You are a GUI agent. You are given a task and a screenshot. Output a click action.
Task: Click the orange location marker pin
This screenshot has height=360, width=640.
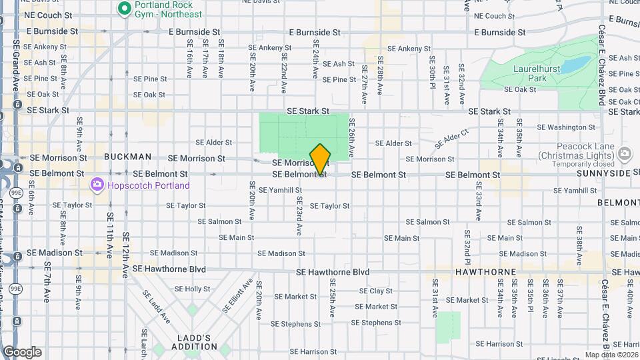coord(320,159)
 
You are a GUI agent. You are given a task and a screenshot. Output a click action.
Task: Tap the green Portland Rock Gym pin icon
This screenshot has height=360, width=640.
coord(123,9)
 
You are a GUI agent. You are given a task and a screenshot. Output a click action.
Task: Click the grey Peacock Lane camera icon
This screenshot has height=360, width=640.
coord(625,154)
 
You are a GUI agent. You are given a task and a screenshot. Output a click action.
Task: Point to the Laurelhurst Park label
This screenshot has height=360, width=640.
coord(534,73)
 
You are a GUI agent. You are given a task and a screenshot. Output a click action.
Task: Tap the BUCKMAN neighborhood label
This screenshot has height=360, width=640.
coord(127,157)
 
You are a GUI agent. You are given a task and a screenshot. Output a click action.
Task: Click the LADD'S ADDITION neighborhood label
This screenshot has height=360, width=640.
coord(194,341)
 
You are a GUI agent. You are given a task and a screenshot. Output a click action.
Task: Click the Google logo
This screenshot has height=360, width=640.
coord(22,352)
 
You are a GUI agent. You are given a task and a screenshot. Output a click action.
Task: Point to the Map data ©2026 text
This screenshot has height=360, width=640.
coord(612,355)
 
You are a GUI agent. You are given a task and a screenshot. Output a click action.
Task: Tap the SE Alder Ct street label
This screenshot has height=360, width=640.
coord(452,139)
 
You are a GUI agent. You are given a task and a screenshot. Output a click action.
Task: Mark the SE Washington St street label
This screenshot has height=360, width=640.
coord(565,127)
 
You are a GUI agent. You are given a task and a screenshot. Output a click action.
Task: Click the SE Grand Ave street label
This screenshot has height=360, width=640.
coord(15,60)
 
